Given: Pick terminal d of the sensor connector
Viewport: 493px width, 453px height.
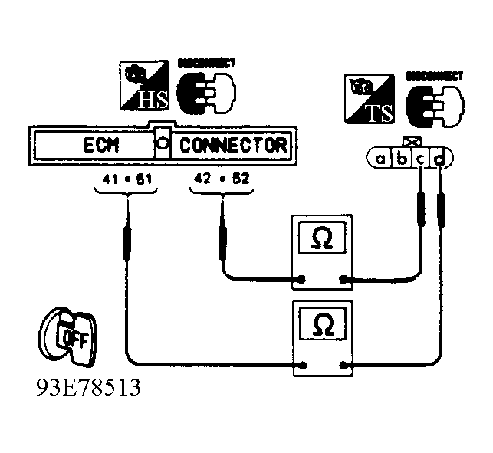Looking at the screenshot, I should click(440, 159).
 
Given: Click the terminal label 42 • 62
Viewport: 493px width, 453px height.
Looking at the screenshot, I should click(222, 182).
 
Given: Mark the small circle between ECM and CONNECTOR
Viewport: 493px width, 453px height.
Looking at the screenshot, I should click(162, 143).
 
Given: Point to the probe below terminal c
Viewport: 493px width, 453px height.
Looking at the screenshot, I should click(421, 211).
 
